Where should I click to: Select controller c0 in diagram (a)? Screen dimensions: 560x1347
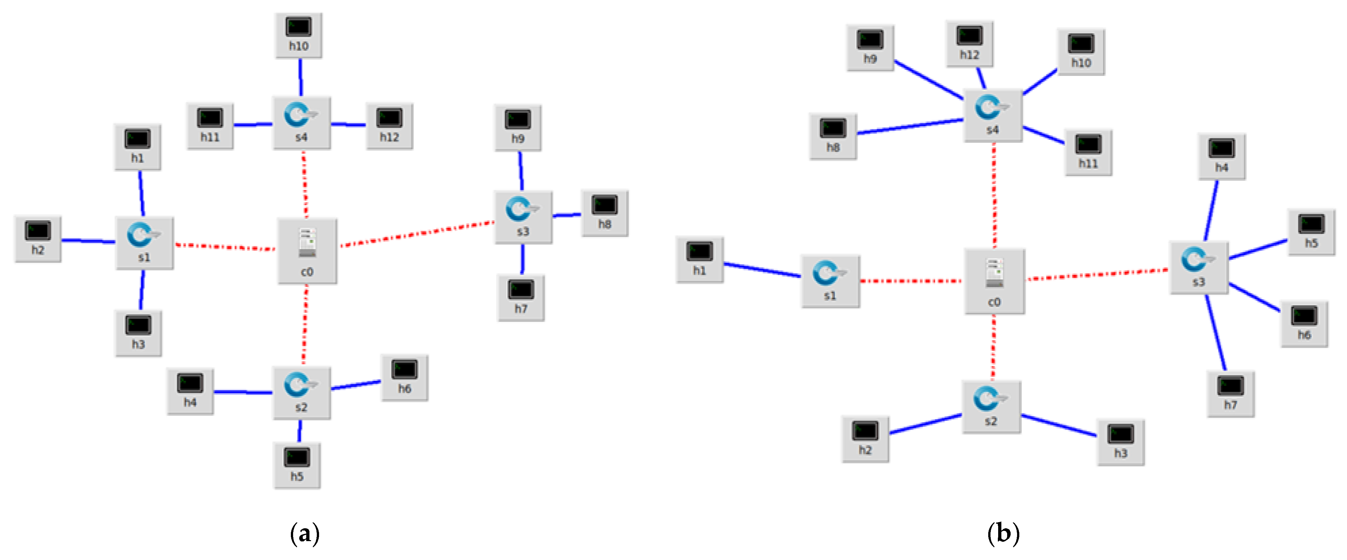pos(307,251)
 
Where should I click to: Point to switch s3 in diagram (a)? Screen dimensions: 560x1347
pos(523,217)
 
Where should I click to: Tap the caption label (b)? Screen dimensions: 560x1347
pos(1003,533)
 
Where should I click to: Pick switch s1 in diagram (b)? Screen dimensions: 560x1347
pos(830,281)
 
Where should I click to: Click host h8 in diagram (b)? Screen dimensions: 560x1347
pos(833,136)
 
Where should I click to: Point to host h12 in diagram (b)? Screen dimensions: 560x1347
pos(969,43)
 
